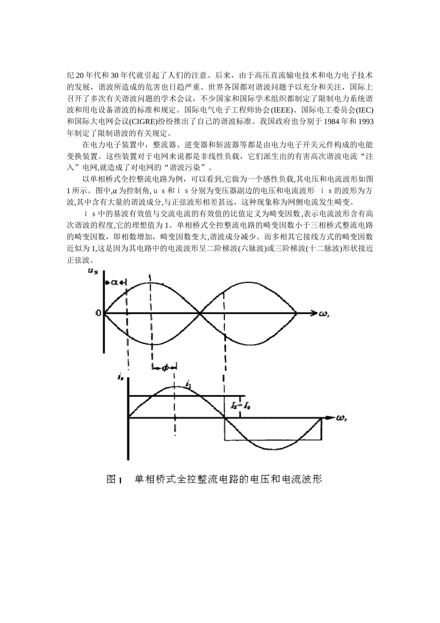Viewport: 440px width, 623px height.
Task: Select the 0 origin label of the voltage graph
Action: [x=98, y=313]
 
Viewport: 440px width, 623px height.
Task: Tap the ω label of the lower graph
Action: [x=342, y=418]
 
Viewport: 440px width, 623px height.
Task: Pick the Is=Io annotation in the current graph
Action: [x=240, y=406]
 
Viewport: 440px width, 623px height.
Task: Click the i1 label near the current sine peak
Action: [x=188, y=384]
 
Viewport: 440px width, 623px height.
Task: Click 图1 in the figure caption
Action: [x=113, y=479]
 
